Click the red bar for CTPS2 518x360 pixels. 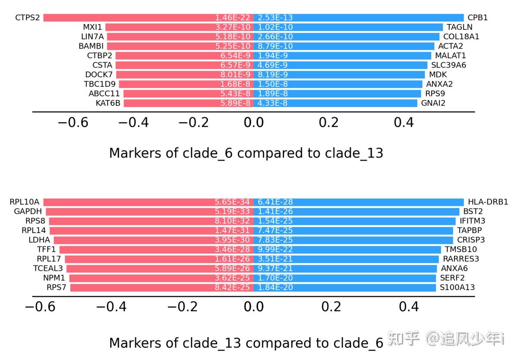click(x=129, y=18)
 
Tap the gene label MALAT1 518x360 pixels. click(x=450, y=56)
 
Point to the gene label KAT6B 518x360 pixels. click(x=108, y=103)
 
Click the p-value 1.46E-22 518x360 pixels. click(x=233, y=18)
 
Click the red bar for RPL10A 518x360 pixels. click(x=129, y=202)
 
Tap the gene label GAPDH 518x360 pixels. click(x=28, y=212)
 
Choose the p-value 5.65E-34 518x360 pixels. click(x=233, y=202)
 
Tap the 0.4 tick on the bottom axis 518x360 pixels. click(x=409, y=307)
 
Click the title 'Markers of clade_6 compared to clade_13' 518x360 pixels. click(x=246, y=153)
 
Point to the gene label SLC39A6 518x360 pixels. click(x=449, y=65)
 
